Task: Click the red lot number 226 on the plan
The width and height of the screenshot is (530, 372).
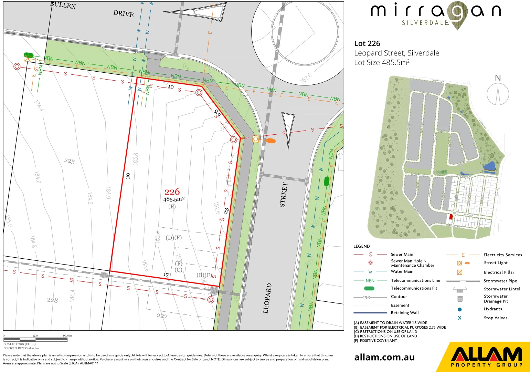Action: (x=172, y=192)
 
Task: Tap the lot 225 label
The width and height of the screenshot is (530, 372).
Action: (x=69, y=161)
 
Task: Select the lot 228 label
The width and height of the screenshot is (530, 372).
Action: (x=52, y=300)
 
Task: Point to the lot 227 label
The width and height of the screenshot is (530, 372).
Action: (x=162, y=316)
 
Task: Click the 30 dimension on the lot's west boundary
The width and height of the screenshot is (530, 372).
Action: (x=128, y=176)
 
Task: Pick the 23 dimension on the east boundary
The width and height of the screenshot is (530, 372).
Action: (x=226, y=210)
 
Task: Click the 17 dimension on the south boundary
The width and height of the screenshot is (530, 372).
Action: (x=166, y=275)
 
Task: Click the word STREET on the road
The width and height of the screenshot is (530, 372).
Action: (x=283, y=195)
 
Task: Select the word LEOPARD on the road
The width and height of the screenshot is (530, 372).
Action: (x=267, y=298)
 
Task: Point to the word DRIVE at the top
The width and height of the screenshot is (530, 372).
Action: (x=124, y=14)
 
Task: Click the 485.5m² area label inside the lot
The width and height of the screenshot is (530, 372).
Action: (x=174, y=199)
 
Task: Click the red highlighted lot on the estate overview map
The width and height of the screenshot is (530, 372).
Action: (x=451, y=217)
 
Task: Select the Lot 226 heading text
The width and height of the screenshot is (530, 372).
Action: (x=367, y=43)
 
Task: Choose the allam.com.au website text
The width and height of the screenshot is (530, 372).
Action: (x=384, y=358)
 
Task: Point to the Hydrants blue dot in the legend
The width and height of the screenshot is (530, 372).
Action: (x=459, y=309)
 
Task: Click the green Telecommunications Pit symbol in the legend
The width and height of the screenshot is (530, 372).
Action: (x=369, y=288)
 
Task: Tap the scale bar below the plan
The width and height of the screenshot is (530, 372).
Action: (x=35, y=339)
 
